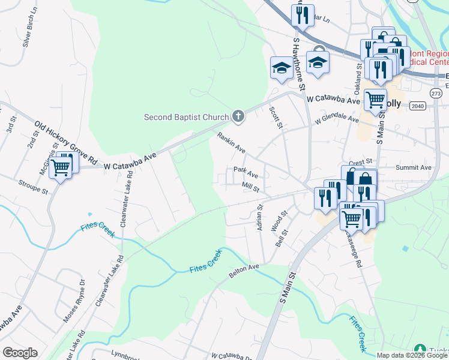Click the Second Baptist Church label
pos(186,117)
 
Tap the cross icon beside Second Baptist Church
pos(238,117)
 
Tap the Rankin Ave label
pos(232,142)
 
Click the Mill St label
pos(250,188)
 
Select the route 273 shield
pos(436,94)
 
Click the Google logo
pos(20,353)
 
